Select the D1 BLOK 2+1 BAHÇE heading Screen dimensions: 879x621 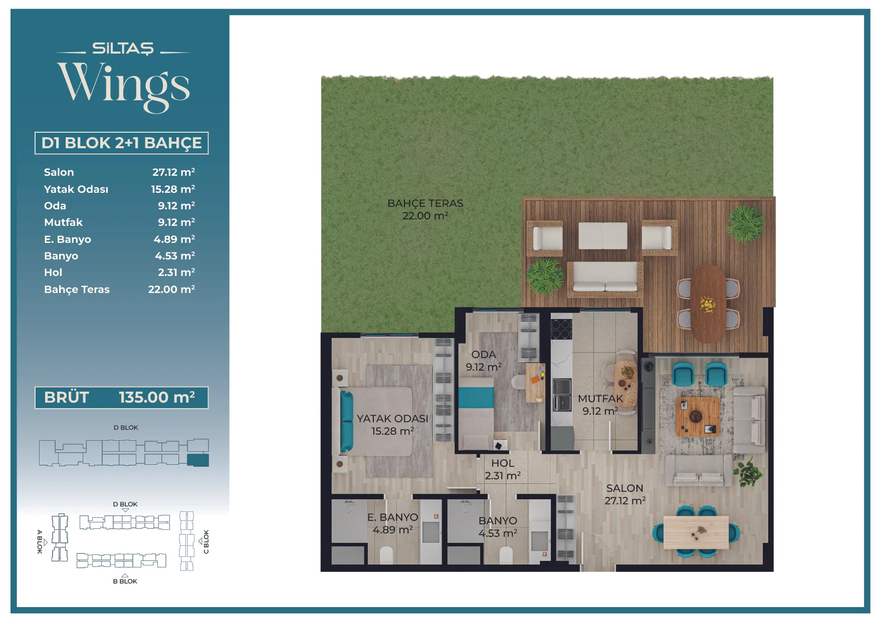click(x=121, y=143)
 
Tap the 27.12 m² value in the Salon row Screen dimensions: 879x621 click(x=173, y=172)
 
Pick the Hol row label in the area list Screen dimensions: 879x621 click(x=53, y=272)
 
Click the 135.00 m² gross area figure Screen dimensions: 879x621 click(x=157, y=398)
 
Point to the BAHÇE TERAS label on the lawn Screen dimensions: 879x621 click(x=425, y=203)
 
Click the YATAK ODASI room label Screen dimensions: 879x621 click(x=392, y=419)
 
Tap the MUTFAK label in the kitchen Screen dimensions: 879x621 click(x=600, y=399)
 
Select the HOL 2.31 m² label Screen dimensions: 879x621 click(x=503, y=469)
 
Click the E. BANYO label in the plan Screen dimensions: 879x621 click(x=392, y=517)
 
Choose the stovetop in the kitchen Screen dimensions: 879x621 click(x=561, y=329)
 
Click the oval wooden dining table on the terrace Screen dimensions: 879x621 click(x=708, y=303)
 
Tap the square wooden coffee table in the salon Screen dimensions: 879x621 click(x=698, y=417)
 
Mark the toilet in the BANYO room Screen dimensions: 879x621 click(x=506, y=555)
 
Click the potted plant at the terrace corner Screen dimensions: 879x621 click(x=745, y=223)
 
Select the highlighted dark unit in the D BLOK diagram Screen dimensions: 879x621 click(x=198, y=460)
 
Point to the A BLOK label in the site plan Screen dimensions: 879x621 click(x=40, y=541)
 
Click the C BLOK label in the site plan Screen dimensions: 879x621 click(x=206, y=542)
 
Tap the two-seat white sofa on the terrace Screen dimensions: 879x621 click(x=605, y=277)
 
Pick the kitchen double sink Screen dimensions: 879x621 click(x=562, y=395)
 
